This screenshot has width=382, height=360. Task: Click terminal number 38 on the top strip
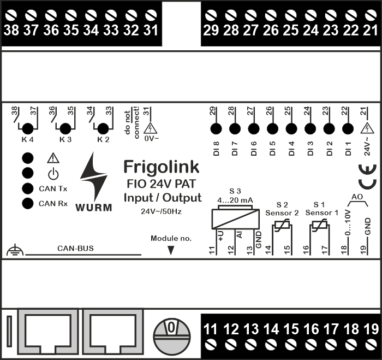pyautogui.click(x=11, y=31)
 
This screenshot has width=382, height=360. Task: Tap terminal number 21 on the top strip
pyautogui.click(x=370, y=31)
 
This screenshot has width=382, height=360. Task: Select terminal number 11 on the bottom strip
pyautogui.click(x=211, y=329)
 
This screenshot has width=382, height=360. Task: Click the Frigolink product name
pyautogui.click(x=161, y=166)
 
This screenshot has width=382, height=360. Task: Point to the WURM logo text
pyautogui.click(x=94, y=207)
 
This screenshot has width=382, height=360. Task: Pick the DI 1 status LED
pyautogui.click(x=347, y=129)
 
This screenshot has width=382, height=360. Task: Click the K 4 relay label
pyautogui.click(x=27, y=140)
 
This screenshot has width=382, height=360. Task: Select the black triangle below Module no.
pyautogui.click(x=171, y=250)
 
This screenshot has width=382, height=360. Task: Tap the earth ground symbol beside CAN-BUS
pyautogui.click(x=14, y=251)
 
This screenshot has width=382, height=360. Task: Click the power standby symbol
pyautogui.click(x=52, y=174)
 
